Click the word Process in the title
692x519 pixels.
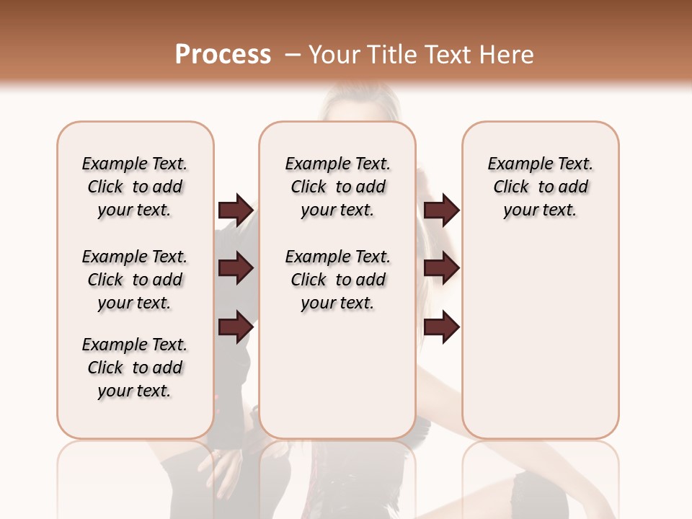[223, 54]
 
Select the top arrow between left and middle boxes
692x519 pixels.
[236, 210]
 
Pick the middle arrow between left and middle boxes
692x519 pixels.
[236, 268]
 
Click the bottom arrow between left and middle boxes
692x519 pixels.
[236, 327]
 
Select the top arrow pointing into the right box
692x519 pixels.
[441, 210]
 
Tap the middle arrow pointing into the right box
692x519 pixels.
[441, 268]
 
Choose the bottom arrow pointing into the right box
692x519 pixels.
[441, 327]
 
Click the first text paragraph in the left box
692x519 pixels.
[135, 187]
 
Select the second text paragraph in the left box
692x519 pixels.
[135, 280]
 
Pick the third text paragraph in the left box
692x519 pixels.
[135, 368]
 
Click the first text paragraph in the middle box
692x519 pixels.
[337, 187]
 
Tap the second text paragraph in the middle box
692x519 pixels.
[337, 280]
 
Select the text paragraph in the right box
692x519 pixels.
[540, 187]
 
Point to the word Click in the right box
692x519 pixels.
[511, 187]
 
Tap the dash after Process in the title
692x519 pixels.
[292, 55]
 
